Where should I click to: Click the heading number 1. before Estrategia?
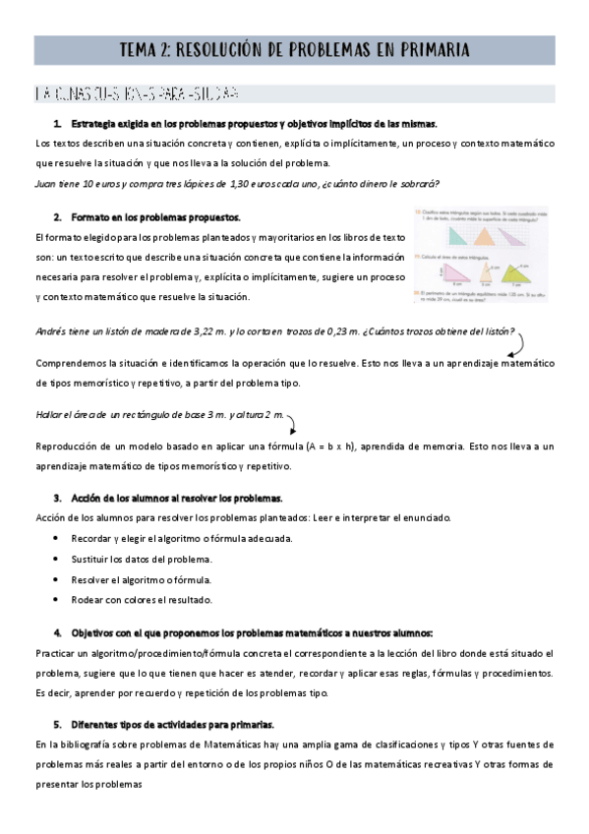(58, 124)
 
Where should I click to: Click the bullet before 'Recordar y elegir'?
(58, 539)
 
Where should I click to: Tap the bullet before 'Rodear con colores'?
(58, 599)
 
